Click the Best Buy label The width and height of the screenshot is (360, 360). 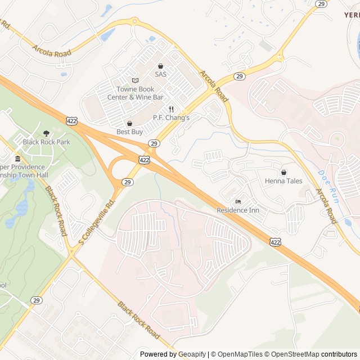[x=130, y=132]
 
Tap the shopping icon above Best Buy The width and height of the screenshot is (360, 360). [x=130, y=123]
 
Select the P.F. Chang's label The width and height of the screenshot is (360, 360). [x=172, y=118]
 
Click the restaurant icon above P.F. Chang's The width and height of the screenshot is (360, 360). [x=171, y=109]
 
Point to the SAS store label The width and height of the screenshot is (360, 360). [x=161, y=74]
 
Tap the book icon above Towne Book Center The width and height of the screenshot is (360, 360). [x=134, y=80]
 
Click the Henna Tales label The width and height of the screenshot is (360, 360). [x=283, y=181]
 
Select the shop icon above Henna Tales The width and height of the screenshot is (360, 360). [x=283, y=172]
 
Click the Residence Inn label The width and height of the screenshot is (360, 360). [x=238, y=210]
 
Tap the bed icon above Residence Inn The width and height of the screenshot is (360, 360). [x=238, y=201]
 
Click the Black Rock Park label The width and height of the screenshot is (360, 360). [x=47, y=142]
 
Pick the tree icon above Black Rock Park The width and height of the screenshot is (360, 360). [x=46, y=133]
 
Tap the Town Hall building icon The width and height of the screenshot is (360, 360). [x=18, y=158]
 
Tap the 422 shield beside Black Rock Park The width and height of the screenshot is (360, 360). [x=71, y=121]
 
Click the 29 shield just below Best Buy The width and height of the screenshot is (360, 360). [x=154, y=143]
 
